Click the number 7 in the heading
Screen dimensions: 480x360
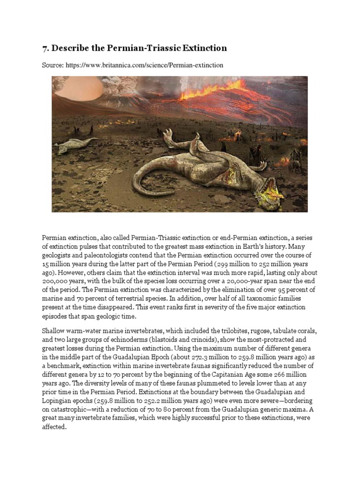[x=45, y=48]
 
